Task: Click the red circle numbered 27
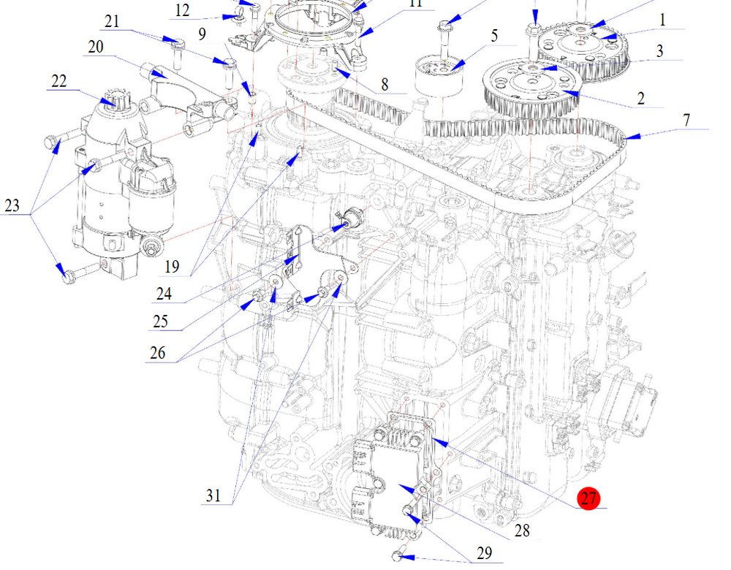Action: click(x=588, y=499)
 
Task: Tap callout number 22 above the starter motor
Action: click(x=58, y=80)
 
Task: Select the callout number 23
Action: click(x=12, y=206)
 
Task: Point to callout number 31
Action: click(x=213, y=496)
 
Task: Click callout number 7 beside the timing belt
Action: click(x=686, y=120)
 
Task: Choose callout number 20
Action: click(x=96, y=47)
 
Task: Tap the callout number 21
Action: click(x=112, y=21)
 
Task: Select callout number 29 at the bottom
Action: click(x=484, y=554)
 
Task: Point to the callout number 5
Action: click(x=494, y=35)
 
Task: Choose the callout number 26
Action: click(x=156, y=354)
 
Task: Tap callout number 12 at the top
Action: click(x=182, y=10)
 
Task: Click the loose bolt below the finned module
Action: click(x=398, y=556)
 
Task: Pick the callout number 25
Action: click(x=160, y=321)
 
